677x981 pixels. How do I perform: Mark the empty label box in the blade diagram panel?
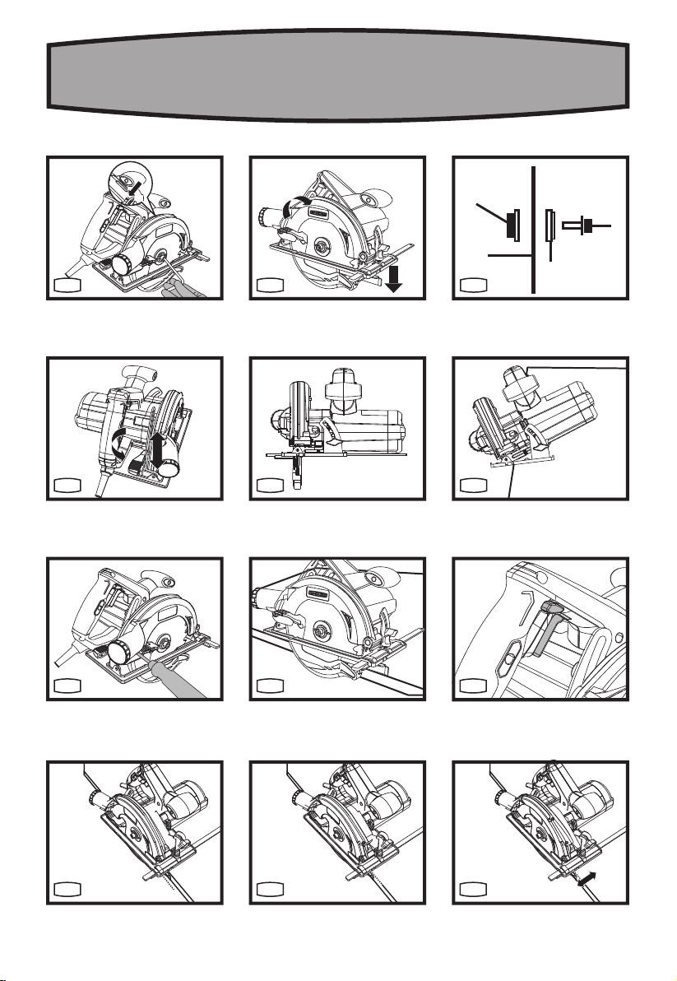point(474,285)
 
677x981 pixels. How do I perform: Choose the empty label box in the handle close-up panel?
point(474,686)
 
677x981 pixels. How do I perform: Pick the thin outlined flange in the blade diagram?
point(549,225)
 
